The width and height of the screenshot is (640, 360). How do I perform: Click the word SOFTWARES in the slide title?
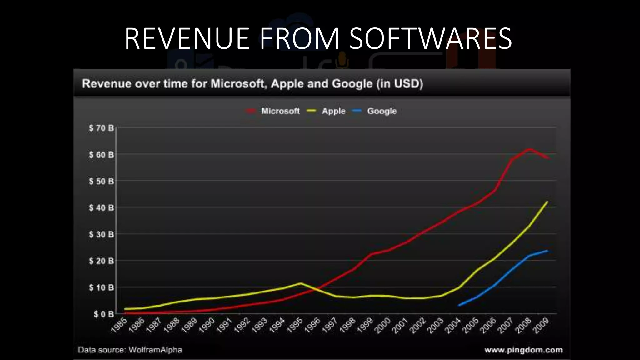point(430,39)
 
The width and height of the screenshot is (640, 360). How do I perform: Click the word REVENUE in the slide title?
point(187,39)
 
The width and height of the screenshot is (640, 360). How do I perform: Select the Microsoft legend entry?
point(280,111)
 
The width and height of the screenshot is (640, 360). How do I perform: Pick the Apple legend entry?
point(333,111)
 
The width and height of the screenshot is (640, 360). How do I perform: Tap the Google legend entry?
point(382,111)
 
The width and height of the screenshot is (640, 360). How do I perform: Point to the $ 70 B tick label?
point(101,128)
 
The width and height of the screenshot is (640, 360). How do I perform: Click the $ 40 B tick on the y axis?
point(101,208)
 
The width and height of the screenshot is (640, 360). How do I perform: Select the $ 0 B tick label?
point(103,314)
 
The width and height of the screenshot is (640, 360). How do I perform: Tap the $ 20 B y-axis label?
point(101,261)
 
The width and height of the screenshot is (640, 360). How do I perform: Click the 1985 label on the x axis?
point(119,325)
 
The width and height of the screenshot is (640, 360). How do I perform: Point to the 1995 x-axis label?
point(295,325)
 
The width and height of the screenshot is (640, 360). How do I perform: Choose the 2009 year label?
point(542,325)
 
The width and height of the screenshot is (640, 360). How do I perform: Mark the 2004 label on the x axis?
point(454,325)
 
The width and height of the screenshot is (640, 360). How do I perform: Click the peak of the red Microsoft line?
point(529,149)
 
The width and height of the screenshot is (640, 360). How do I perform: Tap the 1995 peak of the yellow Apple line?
point(301,283)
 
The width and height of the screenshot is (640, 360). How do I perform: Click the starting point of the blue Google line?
point(459,305)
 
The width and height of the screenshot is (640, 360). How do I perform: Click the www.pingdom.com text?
point(523,350)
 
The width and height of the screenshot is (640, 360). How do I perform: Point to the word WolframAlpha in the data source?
point(155,350)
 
